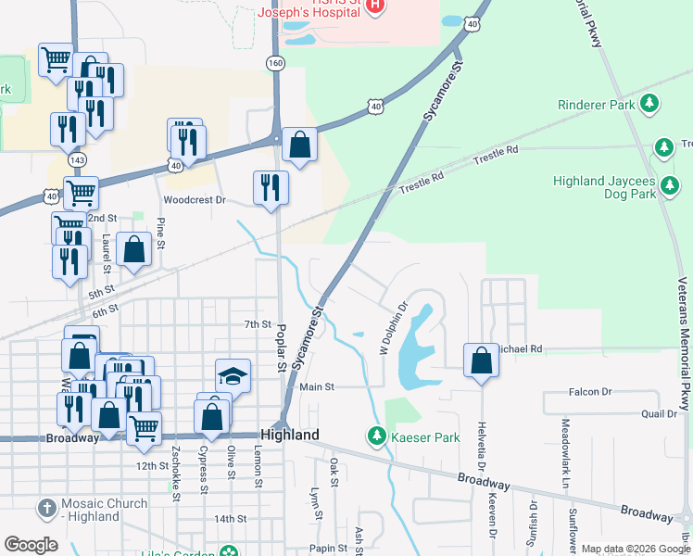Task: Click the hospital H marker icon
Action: coord(375,6)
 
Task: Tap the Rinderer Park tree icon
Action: coord(650,104)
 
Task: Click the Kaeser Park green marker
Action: coord(376,435)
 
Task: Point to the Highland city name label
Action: coord(290,435)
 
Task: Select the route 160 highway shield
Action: coord(275,62)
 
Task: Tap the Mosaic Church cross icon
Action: coord(46,508)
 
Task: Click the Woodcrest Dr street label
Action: coord(195,199)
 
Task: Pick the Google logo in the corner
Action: coord(31,544)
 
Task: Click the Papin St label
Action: coord(328,548)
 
